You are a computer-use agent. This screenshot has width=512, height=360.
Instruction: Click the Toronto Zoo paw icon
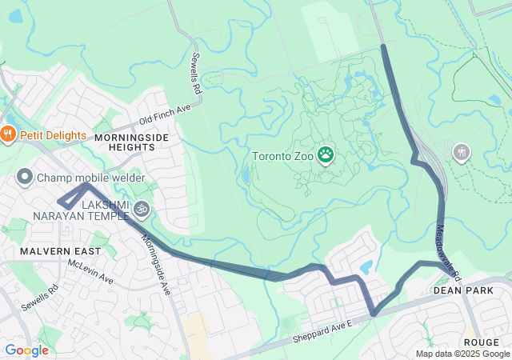[x=326, y=154]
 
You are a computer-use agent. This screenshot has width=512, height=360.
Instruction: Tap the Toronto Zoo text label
[x=284, y=156]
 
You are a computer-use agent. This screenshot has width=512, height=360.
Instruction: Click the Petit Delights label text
[x=53, y=135]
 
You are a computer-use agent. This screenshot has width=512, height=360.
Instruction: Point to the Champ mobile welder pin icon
[x=25, y=177]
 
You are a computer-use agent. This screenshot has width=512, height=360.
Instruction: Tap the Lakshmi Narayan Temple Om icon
[x=142, y=209]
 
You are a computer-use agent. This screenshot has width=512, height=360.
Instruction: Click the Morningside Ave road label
[x=157, y=264]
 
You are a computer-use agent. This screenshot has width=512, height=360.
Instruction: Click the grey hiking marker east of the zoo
[x=461, y=151]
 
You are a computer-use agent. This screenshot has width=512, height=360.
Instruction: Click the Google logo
[x=26, y=350]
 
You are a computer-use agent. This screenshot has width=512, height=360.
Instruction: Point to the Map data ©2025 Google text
[x=462, y=354]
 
